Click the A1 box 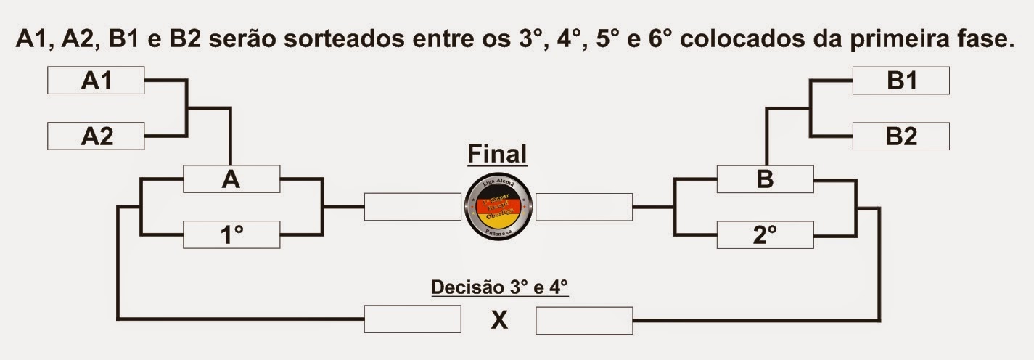click(x=96, y=81)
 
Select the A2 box click(x=96, y=136)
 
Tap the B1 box click(x=900, y=81)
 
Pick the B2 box click(x=900, y=136)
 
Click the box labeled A click(x=231, y=179)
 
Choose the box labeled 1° click(x=231, y=235)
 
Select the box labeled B click(x=765, y=179)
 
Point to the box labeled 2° click(x=765, y=235)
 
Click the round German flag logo click(x=498, y=207)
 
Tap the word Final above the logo click(x=497, y=154)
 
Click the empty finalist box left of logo click(x=412, y=207)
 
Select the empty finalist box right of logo click(x=584, y=207)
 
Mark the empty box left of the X click(x=412, y=319)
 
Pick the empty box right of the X click(x=584, y=319)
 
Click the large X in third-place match click(x=498, y=319)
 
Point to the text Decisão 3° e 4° click(x=499, y=287)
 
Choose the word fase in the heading click(x=984, y=39)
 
